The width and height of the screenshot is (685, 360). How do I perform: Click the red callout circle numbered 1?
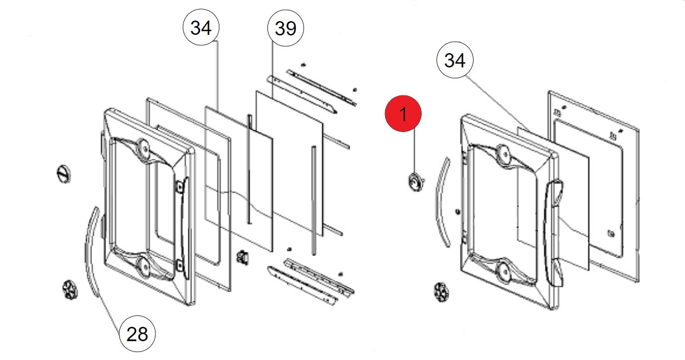point(403,115)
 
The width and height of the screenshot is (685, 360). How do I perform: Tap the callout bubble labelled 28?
point(137,333)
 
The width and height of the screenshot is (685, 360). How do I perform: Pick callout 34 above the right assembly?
point(455,60)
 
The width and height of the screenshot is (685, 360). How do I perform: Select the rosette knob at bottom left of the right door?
point(441,292)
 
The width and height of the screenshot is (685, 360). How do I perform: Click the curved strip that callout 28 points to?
point(91,251)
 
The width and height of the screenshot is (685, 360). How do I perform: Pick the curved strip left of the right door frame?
point(441,203)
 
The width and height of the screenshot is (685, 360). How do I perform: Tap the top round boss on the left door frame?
point(143,148)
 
